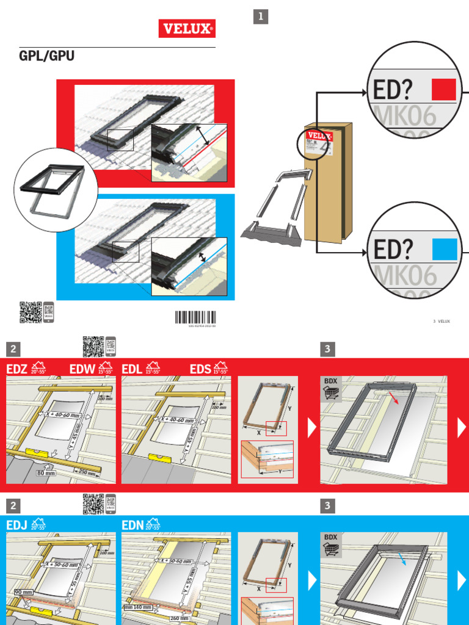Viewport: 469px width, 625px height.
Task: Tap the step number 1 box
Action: [261, 18]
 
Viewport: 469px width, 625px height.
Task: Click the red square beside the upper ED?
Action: [444, 89]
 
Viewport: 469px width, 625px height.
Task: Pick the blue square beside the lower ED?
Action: [444, 249]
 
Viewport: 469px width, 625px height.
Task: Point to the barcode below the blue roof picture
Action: [195, 317]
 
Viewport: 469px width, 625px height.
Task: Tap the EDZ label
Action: [17, 369]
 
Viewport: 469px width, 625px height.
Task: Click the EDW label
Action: [82, 369]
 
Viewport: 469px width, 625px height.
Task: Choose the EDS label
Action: [200, 369]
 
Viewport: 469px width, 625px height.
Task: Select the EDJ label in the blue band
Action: [16, 525]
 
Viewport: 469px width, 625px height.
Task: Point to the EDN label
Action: [133, 525]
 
